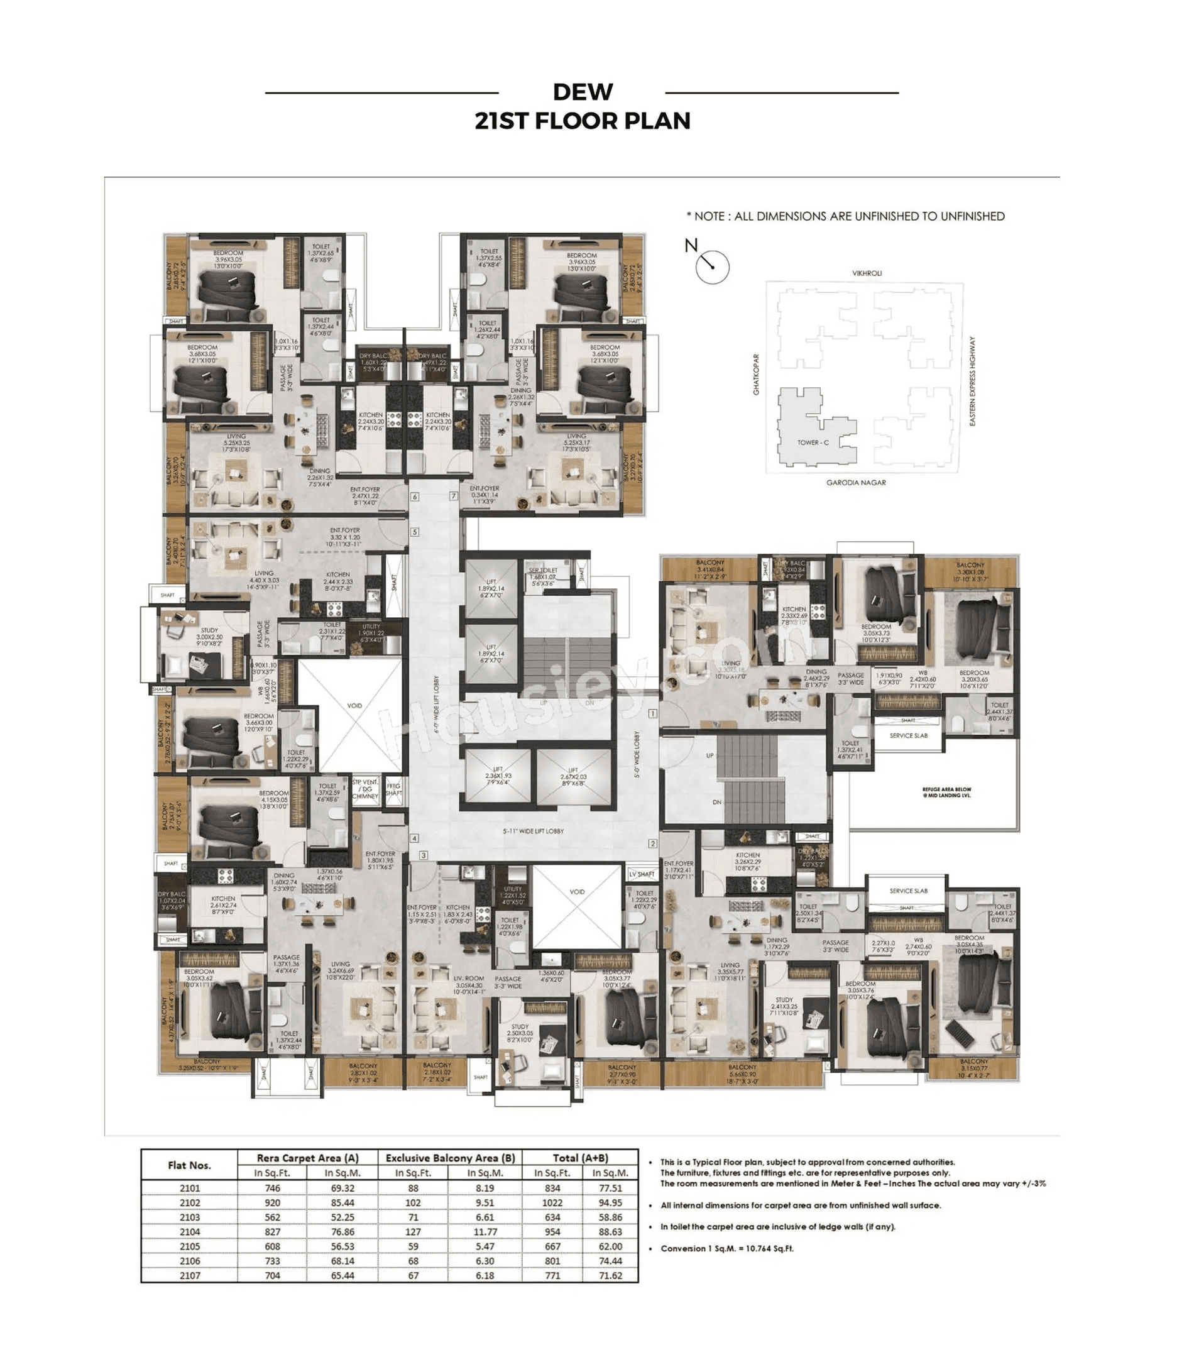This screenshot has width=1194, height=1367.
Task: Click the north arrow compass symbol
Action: (x=711, y=266)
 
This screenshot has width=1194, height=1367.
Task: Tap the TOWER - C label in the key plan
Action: (x=813, y=442)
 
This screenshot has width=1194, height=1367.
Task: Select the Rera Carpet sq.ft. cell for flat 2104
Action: (x=272, y=1232)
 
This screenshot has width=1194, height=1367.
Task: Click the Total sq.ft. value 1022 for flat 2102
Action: (x=552, y=1202)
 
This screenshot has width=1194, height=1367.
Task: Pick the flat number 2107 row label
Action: (x=189, y=1275)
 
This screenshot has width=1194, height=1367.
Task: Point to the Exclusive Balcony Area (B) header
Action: (x=450, y=1158)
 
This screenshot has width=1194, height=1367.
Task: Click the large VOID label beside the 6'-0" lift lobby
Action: (x=354, y=705)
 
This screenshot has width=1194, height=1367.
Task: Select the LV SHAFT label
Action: (x=642, y=874)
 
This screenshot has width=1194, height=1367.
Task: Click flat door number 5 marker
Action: (x=414, y=532)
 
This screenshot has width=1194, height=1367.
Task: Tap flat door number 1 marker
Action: (x=652, y=713)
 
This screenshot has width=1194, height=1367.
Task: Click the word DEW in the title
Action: (x=583, y=92)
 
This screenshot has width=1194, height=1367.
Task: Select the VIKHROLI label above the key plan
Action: (x=866, y=273)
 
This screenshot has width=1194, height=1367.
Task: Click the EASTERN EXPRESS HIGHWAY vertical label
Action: (x=972, y=381)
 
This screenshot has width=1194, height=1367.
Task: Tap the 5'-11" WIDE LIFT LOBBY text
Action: (x=532, y=831)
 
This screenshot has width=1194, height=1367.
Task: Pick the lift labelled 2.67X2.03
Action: (x=573, y=776)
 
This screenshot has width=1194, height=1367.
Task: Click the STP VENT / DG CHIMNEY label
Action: (x=365, y=789)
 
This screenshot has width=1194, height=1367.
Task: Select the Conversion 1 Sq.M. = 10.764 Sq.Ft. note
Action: (x=726, y=1248)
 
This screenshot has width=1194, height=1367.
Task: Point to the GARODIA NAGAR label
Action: (x=855, y=483)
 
